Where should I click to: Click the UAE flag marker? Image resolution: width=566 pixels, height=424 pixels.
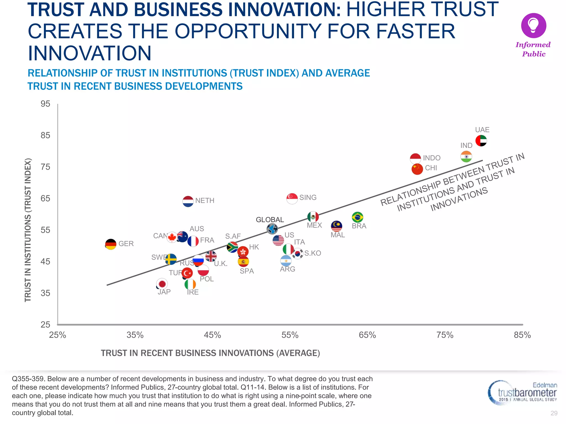[481, 141]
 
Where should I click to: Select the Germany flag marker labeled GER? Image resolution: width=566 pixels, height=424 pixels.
[111, 244]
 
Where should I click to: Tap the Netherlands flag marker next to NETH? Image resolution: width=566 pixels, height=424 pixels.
[188, 201]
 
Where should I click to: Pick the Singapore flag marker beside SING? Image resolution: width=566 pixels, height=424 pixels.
[292, 198]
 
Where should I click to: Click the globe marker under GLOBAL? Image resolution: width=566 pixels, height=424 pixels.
[272, 229]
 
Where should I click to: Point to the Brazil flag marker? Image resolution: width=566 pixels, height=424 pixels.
[357, 217]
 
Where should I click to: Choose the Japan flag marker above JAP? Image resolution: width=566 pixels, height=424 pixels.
[162, 284]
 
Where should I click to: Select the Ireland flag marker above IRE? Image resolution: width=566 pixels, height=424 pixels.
[190, 284]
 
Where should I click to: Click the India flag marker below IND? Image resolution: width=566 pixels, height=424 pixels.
[466, 157]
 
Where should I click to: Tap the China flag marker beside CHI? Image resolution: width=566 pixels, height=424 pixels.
[417, 169]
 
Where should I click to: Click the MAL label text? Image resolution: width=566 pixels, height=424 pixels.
[338, 235]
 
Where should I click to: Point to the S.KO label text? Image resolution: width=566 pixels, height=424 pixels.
[313, 253]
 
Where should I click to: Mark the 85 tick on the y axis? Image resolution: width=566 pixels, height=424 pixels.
[45, 135]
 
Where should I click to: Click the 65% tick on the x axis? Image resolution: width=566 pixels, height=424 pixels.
[367, 335]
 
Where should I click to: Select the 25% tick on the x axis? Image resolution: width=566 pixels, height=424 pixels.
[57, 335]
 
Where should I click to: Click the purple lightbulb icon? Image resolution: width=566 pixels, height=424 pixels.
[533, 25]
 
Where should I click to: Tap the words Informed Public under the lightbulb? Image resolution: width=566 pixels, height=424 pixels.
[533, 49]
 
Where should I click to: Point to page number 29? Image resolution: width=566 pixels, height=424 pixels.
[554, 413]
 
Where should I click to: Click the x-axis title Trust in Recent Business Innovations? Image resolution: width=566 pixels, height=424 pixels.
[210, 353]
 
